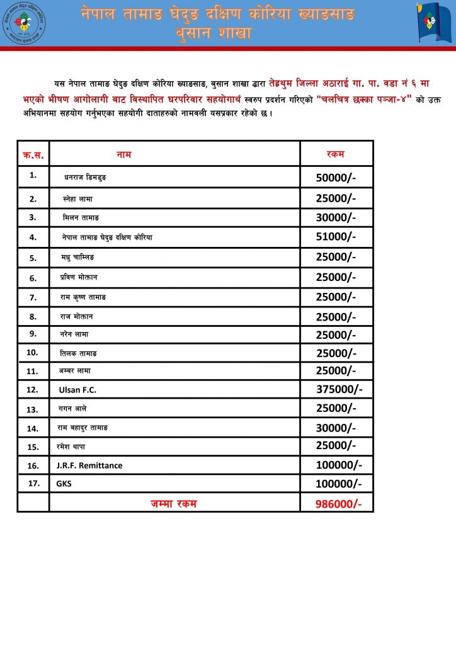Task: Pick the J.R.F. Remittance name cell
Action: pos(89,465)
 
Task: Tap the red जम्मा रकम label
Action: pos(173,503)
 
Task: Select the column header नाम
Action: pos(124,154)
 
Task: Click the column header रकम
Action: pos(335,154)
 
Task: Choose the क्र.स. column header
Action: pos(33,154)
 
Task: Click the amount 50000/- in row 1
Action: pos(336,178)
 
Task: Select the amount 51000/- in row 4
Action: pos(336,237)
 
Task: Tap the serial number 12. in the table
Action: pos(33,390)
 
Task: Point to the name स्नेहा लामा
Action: pos(78,198)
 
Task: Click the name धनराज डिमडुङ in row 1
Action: pos(85,178)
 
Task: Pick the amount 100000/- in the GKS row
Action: pos(339,484)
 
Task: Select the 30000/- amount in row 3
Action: pos(336,217)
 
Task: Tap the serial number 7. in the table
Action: pos(33,297)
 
